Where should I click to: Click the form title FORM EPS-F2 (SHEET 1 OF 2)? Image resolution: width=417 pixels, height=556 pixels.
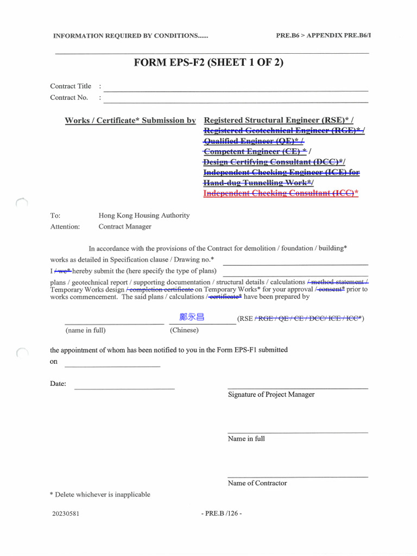(208, 62)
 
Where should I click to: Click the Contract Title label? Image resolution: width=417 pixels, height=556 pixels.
(71, 86)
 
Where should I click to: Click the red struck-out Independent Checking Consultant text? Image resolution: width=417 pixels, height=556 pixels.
(280, 193)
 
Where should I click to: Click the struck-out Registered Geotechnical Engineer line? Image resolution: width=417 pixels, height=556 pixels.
(283, 131)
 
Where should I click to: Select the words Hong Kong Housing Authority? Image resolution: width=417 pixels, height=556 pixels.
(144, 216)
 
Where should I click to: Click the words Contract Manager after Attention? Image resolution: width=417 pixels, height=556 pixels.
(125, 226)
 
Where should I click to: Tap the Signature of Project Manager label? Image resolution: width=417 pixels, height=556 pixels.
(271, 395)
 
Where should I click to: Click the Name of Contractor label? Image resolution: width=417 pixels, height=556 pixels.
(257, 483)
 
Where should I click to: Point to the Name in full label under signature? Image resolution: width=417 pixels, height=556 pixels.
(247, 439)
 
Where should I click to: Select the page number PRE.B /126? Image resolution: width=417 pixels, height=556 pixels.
(221, 514)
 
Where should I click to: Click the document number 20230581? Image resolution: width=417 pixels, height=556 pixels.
(66, 514)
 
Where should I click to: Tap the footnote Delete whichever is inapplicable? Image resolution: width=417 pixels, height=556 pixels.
(100, 495)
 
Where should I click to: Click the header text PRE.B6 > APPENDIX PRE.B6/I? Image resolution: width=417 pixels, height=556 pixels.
(324, 35)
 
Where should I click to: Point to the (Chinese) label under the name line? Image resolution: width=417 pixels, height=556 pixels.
(184, 330)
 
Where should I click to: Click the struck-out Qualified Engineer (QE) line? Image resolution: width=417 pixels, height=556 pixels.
(253, 141)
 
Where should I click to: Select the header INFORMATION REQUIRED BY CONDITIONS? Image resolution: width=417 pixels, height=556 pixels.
(130, 36)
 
